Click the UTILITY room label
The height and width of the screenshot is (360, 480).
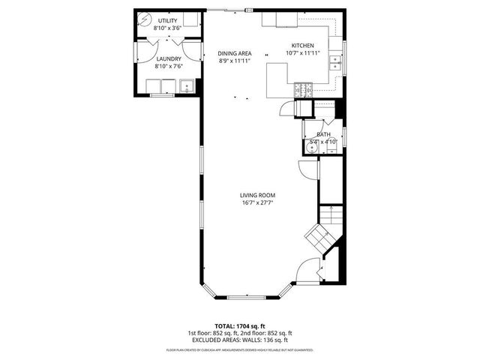(167, 21)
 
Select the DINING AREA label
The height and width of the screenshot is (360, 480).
(235, 53)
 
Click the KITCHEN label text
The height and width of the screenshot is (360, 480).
(304, 46)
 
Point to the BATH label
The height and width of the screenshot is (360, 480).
(323, 134)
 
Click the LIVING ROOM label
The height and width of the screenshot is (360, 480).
(257, 195)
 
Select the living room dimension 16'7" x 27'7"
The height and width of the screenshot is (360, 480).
(257, 203)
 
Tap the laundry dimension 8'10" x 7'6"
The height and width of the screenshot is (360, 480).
(168, 66)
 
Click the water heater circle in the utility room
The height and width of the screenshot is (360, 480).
(145, 20)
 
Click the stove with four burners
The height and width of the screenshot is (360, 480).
(304, 91)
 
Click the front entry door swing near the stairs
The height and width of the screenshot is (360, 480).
(307, 268)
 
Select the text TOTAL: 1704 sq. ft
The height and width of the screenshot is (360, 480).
(240, 325)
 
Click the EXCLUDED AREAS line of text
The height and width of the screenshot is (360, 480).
(240, 340)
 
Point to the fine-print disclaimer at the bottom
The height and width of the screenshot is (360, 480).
(240, 349)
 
